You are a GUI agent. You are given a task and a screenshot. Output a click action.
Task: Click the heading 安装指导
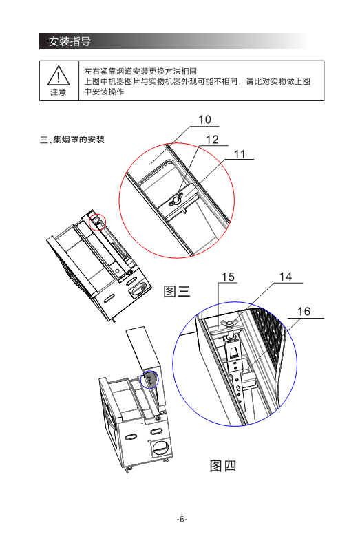[x=70, y=41]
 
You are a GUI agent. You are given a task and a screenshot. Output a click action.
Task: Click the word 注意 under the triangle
[x=59, y=92]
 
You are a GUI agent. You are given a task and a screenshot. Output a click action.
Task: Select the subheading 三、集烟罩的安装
[x=72, y=140]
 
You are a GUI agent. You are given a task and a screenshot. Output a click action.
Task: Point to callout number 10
[x=204, y=120]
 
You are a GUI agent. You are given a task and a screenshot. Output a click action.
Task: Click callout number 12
[x=212, y=139]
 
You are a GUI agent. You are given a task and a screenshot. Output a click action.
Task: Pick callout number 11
[x=240, y=154]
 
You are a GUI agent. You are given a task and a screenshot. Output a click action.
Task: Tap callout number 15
[x=228, y=277]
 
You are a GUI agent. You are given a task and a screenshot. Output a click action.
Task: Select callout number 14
[x=286, y=277]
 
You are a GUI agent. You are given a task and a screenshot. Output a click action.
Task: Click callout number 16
[x=304, y=311]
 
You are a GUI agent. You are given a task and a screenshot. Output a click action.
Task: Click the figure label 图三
[x=176, y=292]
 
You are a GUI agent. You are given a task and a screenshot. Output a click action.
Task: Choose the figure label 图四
[x=223, y=466]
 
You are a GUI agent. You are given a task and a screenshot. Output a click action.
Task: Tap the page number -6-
[x=182, y=519]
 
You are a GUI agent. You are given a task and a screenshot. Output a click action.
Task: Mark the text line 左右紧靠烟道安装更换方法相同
[x=140, y=71]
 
